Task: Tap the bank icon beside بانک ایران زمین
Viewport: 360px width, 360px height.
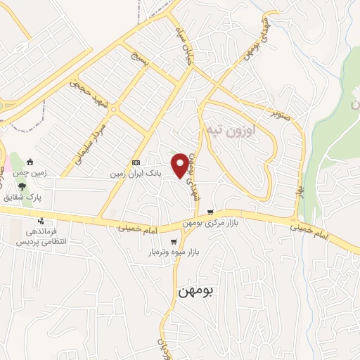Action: pyautogui.click(x=136, y=162)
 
